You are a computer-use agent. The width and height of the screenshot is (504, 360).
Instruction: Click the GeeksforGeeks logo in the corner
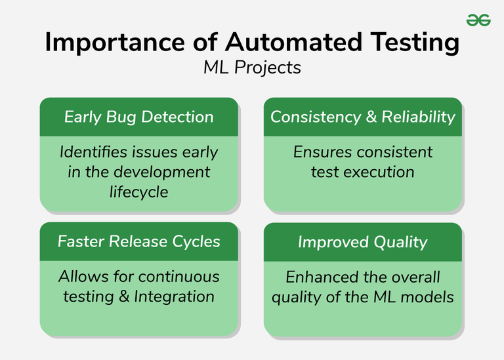(x=478, y=20)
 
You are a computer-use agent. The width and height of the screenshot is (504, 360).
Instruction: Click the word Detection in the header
(x=177, y=117)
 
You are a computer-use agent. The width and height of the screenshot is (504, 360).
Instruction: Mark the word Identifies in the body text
(x=90, y=152)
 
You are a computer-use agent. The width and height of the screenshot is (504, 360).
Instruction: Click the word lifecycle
(x=138, y=191)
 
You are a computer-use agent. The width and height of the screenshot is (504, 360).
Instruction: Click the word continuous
(x=178, y=277)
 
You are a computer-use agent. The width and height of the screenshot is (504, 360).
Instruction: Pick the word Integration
(x=174, y=296)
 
